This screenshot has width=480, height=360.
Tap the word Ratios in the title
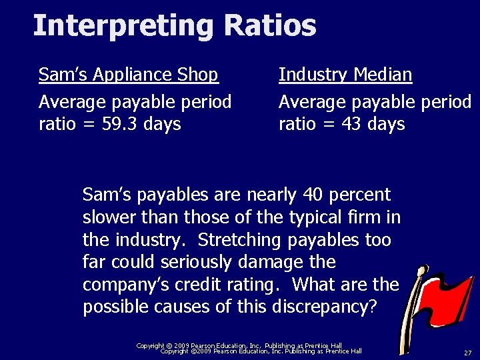(x=270, y=25)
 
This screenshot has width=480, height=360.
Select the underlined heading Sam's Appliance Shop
(x=128, y=75)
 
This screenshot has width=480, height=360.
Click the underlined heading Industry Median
(x=345, y=75)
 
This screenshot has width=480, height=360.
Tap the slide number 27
(x=467, y=352)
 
